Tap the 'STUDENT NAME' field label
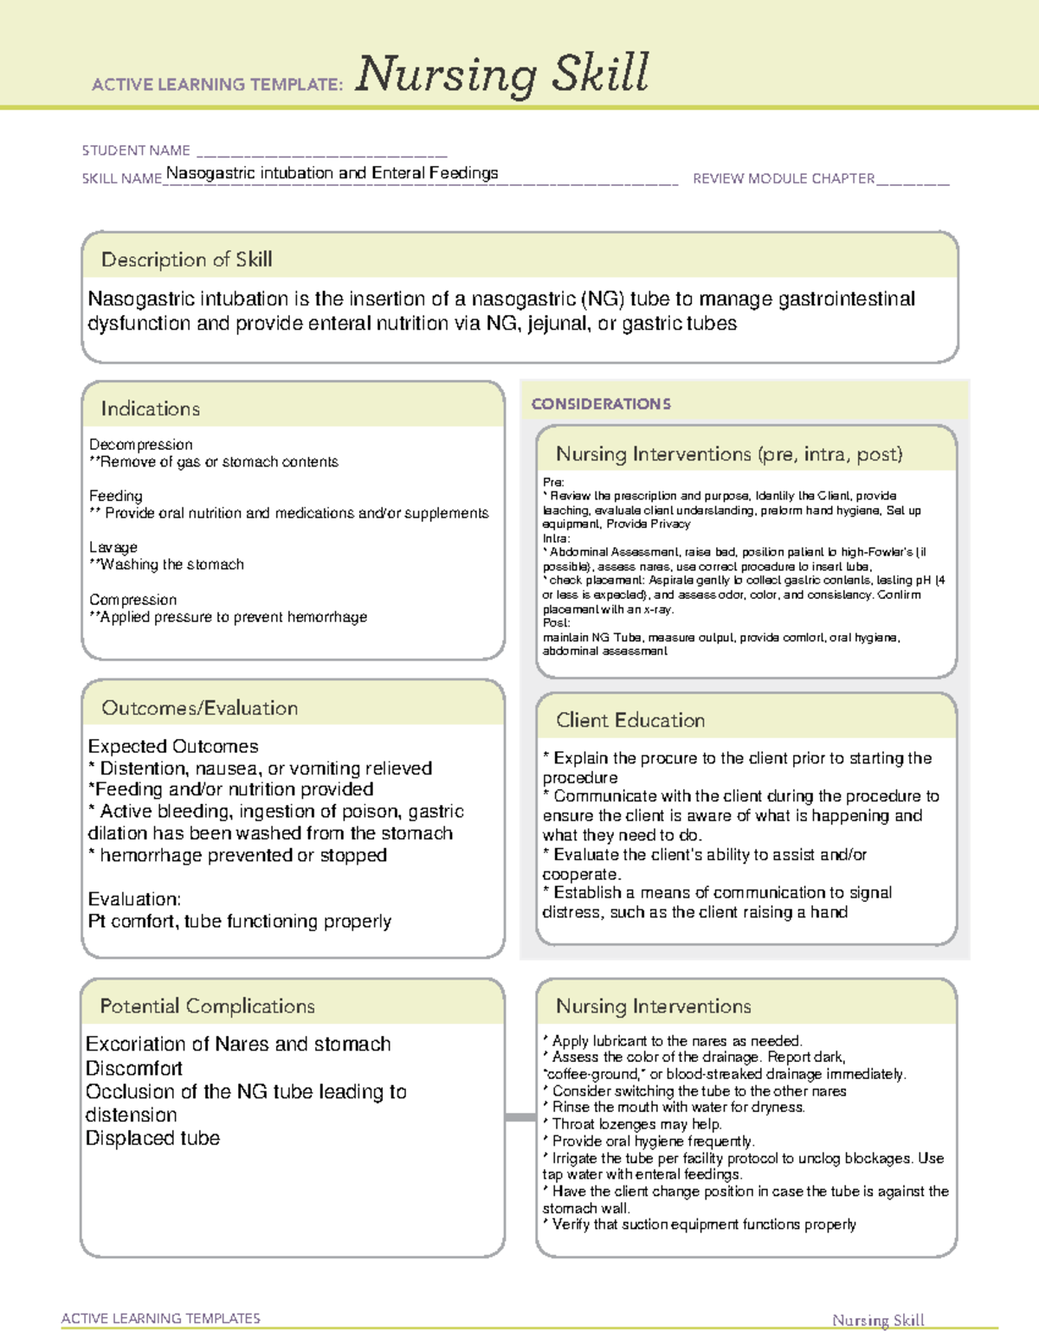tap(136, 151)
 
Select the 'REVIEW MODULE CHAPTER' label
tap(784, 178)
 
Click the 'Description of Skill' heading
tap(186, 260)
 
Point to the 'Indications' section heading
tap(150, 408)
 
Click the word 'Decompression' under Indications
tap(140, 444)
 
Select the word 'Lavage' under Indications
tap(113, 547)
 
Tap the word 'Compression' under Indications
tap(132, 600)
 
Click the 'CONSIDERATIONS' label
tap(601, 404)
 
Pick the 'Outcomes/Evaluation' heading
tap(199, 708)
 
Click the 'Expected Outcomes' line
tap(173, 746)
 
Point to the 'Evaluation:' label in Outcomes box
tap(134, 899)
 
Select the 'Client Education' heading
tap(630, 720)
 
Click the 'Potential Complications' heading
tap(207, 1006)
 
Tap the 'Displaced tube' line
tap(152, 1138)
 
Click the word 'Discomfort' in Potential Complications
tap(133, 1068)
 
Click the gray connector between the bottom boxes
tap(520, 1117)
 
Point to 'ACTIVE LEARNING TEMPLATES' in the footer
tap(161, 1318)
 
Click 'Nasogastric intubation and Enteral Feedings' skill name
tap(332, 173)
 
